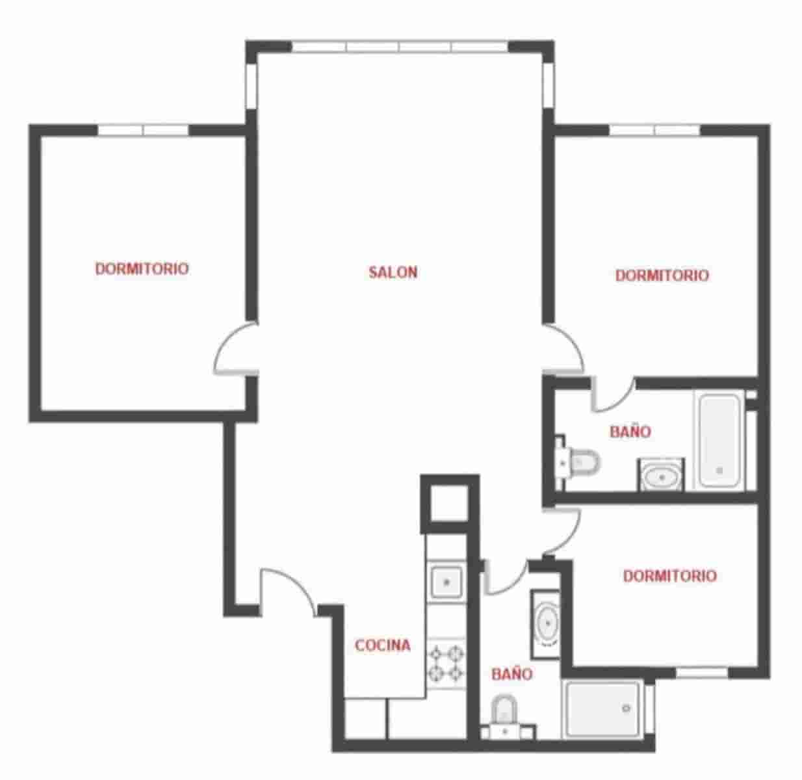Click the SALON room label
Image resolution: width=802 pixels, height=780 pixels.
click(393, 272)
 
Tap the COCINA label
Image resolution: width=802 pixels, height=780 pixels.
click(382, 645)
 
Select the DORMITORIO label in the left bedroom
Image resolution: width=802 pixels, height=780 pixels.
click(142, 268)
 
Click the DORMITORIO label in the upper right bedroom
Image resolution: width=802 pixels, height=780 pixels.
click(662, 276)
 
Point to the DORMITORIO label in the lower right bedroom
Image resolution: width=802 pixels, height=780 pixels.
click(669, 576)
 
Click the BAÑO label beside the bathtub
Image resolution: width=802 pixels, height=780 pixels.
click(630, 432)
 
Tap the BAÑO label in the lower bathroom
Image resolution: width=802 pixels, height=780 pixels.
click(511, 674)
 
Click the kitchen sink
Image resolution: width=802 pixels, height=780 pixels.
click(446, 580)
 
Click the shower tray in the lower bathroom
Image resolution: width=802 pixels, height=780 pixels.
click(602, 708)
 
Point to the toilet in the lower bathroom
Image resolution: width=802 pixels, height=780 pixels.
click(504, 710)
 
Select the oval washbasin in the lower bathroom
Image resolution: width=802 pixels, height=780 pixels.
click(546, 623)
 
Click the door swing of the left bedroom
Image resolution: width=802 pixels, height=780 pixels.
click(235, 351)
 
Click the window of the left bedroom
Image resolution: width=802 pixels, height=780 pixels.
click(143, 130)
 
